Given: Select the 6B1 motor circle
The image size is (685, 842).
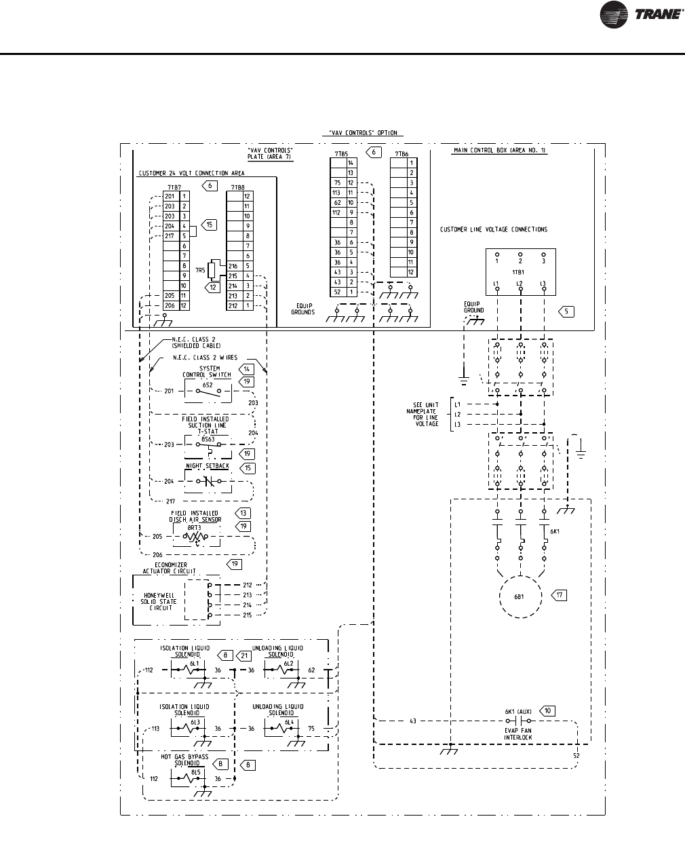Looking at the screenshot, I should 520,598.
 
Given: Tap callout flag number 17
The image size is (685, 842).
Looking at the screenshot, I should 558,595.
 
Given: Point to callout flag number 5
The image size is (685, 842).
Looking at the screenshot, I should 566,311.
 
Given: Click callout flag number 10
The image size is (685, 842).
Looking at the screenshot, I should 548,711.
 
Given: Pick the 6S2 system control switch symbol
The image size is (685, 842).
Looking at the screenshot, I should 208,391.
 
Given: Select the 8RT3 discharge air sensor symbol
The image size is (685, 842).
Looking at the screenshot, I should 197,536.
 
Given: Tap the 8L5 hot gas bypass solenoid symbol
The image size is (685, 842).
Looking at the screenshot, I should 187,779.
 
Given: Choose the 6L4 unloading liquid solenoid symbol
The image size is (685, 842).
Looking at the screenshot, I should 281,729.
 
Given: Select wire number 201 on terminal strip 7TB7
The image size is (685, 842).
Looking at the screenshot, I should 170,196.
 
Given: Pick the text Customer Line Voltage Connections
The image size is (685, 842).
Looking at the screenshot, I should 493,229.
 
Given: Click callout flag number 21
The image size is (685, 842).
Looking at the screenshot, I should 244,655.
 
